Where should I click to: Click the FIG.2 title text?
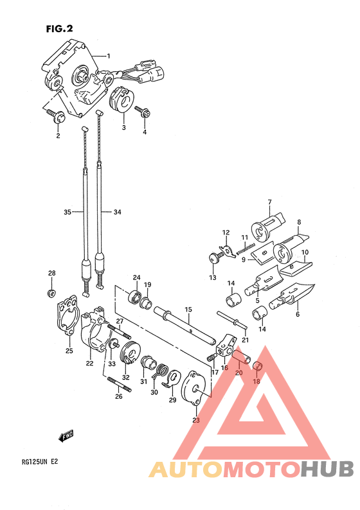60,29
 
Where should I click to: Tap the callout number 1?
109,56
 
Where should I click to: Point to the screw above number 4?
143,112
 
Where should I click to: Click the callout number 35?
67,212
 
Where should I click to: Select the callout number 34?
118,212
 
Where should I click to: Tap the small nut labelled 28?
50,293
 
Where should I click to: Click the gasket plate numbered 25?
68,315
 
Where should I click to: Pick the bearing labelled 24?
134,297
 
